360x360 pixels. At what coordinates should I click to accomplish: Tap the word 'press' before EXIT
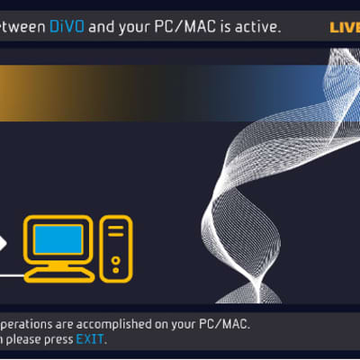coord(56,339)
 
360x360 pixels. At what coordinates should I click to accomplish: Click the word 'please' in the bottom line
coord(21,339)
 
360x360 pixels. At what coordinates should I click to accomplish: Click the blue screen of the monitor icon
coord(58,239)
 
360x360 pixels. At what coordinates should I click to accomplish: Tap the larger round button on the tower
coord(116,259)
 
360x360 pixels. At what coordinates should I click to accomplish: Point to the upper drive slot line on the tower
coord(116,228)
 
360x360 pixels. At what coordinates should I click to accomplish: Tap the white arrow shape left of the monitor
coord(4,244)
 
